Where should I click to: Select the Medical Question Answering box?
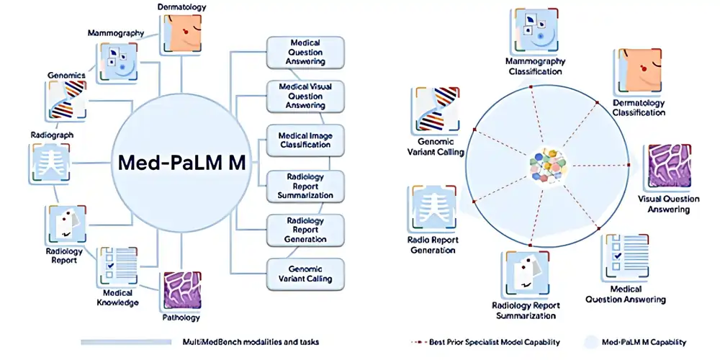(305, 52)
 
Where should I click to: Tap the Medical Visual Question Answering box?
(305, 96)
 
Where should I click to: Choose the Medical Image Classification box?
(305, 140)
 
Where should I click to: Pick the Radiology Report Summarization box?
(305, 186)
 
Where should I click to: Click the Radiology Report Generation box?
(305, 229)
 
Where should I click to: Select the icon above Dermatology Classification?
(638, 72)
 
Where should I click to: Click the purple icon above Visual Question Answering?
(670, 166)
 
